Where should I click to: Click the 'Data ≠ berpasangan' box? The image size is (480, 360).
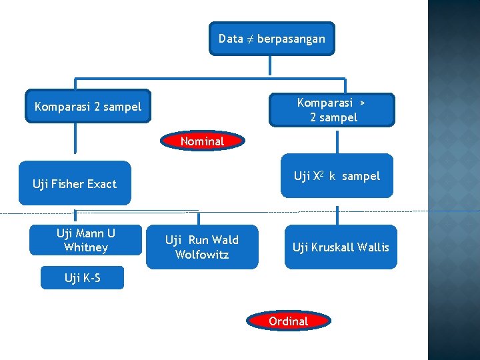click(271, 39)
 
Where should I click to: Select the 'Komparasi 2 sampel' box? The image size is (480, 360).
click(88, 107)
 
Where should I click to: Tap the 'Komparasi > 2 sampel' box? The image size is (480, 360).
click(332, 110)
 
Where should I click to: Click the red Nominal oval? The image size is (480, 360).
click(202, 141)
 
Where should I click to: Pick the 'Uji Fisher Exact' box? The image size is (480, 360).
click(75, 183)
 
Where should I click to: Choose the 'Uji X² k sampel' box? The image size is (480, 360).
click(337, 177)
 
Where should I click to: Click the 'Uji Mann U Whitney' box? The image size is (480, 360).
click(86, 240)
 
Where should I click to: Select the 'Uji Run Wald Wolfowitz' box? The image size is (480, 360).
click(202, 247)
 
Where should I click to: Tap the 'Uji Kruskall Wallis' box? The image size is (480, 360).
click(341, 247)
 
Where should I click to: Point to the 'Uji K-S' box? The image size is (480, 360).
click(83, 278)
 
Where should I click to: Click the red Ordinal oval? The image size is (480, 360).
click(288, 321)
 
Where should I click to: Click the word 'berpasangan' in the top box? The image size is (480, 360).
click(291, 39)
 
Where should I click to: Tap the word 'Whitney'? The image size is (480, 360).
click(86, 247)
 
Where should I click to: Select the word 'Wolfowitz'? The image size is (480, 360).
click(202, 255)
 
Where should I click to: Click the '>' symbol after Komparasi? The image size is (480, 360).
click(362, 103)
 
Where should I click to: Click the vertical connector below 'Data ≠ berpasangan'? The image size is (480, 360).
click(269, 65)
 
